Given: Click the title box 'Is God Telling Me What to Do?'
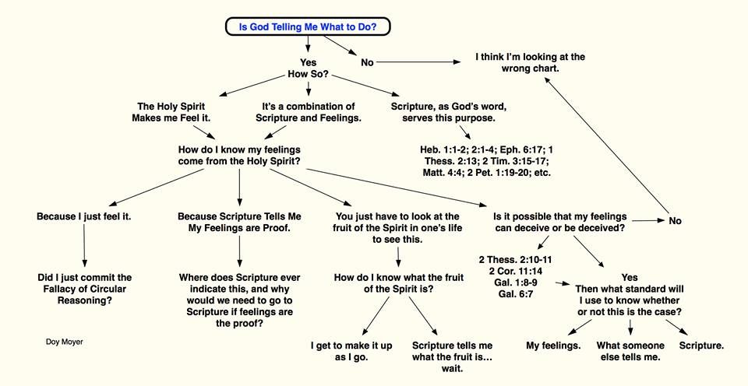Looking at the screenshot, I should [x=308, y=26].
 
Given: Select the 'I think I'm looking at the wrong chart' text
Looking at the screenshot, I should [x=531, y=63].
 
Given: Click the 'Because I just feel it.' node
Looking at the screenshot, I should [x=83, y=216].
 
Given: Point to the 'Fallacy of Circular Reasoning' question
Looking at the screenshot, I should [x=83, y=289].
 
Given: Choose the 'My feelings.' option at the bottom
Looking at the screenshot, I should [x=553, y=345].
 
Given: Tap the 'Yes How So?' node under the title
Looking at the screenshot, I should [x=308, y=69].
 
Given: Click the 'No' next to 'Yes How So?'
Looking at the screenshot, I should [x=367, y=62].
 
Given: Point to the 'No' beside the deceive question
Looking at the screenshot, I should [x=675, y=221].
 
